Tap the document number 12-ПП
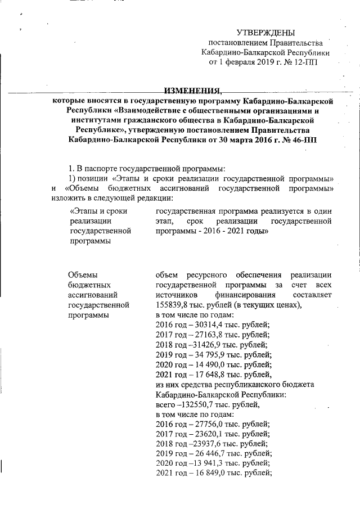pos(305,62)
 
